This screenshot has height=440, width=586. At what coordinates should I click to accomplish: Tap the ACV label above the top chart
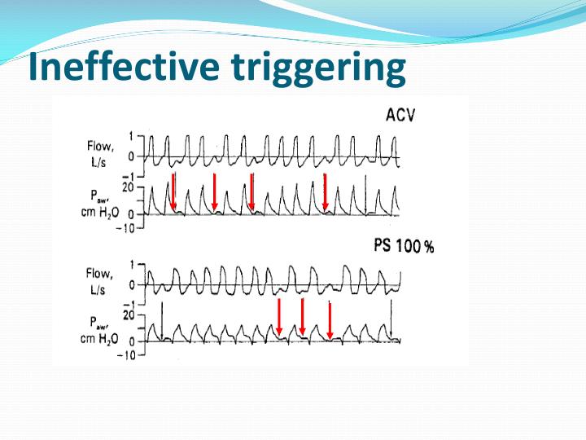pyautogui.click(x=400, y=115)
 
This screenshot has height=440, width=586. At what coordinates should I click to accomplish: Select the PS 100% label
pyautogui.click(x=403, y=246)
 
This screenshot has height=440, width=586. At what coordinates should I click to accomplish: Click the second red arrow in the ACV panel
pyautogui.click(x=214, y=191)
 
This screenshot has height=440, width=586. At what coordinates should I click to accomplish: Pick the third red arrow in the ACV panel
pyautogui.click(x=252, y=191)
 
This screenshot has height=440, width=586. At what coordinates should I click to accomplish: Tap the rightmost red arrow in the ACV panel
pyautogui.click(x=325, y=191)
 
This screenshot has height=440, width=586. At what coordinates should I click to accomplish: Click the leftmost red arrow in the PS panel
pyautogui.click(x=279, y=318)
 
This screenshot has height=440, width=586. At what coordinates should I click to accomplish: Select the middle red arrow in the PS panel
pyautogui.click(x=303, y=318)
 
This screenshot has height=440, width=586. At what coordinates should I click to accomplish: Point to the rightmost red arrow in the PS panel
pyautogui.click(x=330, y=320)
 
